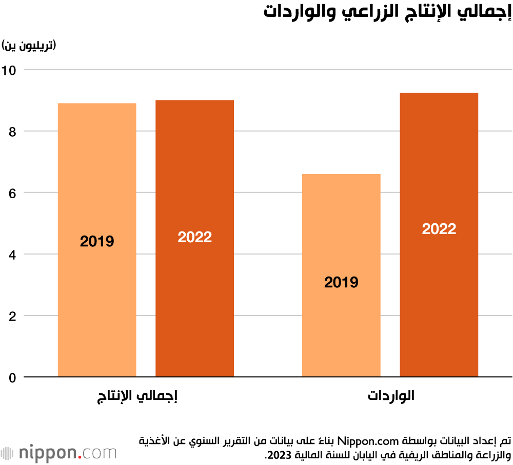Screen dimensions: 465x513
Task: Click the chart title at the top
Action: point(387,13)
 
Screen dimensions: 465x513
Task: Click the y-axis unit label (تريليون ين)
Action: point(29,46)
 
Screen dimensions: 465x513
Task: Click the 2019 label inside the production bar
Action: point(97,241)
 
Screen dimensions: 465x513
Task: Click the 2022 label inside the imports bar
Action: point(439,229)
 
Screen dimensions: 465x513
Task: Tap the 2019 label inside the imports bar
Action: point(341,282)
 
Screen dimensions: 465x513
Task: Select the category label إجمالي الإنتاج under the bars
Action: point(138,396)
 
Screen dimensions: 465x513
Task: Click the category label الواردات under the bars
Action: point(391,396)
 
